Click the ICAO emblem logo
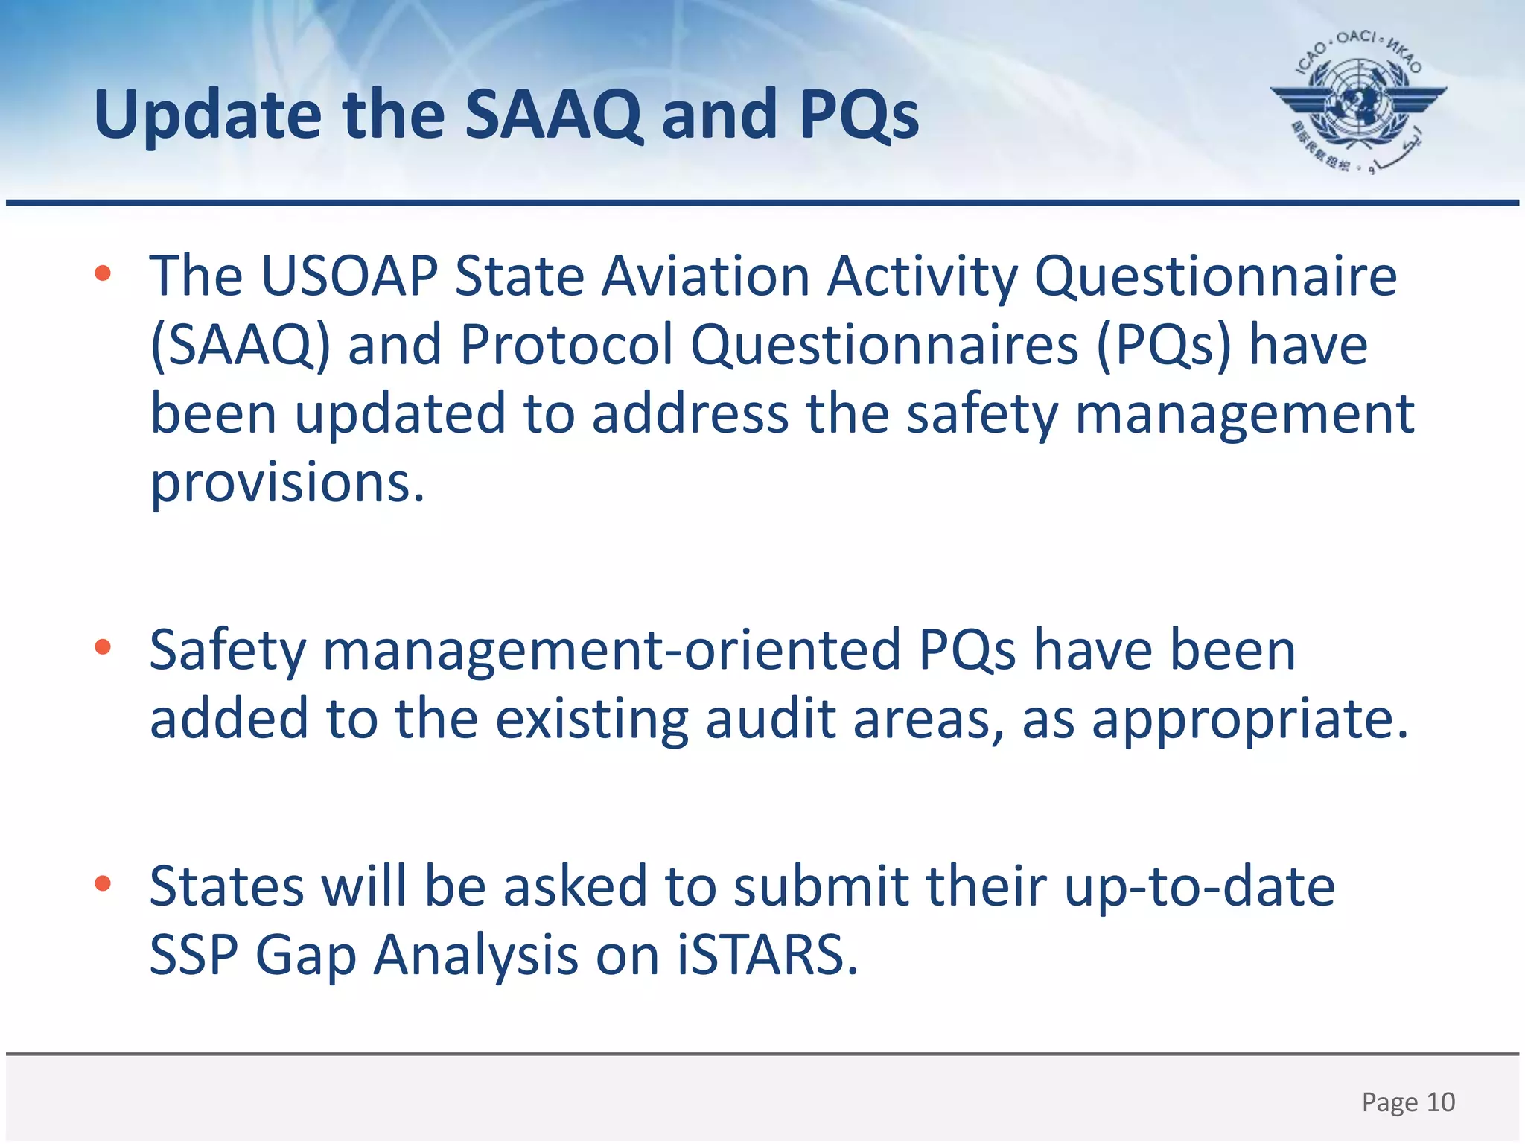pos(1357,101)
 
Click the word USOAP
pos(349,276)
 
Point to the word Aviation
pos(705,276)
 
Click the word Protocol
pos(566,345)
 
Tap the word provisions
pos(287,483)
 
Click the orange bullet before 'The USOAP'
pos(103,273)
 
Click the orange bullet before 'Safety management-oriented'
pos(103,647)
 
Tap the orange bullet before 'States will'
pos(103,883)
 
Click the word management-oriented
pos(611,650)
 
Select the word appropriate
pos(1249,720)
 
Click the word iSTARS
pos(766,955)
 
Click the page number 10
pos(1440,1102)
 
